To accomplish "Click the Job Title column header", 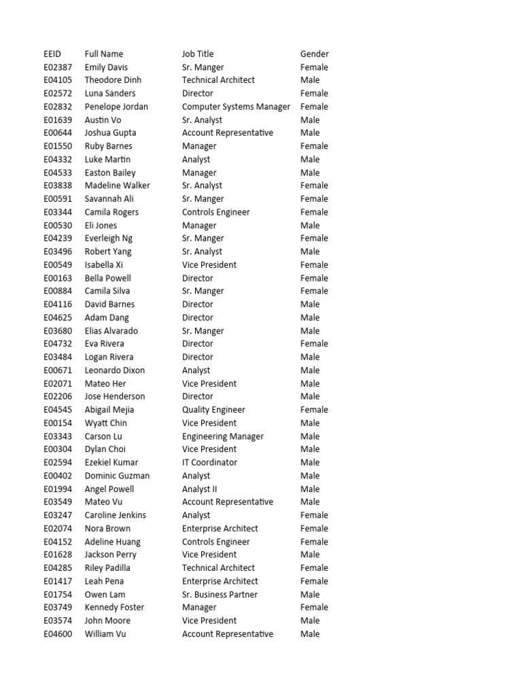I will pos(198,54).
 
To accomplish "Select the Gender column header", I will pos(314,54).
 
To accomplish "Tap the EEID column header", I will pos(52,54).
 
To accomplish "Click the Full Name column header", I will pos(104,54).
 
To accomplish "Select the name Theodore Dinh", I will pos(113,80).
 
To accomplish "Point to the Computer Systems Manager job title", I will pos(236,107).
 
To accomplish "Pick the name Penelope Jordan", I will pos(116,107).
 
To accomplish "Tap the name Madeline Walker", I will pos(118,186).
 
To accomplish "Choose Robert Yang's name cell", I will pos(108,251).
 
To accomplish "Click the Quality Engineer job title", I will pos(213,410).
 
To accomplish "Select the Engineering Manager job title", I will pos(223,436).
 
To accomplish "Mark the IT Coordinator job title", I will pos(209,462).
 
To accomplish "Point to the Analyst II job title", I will pos(200,489).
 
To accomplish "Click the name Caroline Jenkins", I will pos(116,515).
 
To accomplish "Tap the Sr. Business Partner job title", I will pos(220,595).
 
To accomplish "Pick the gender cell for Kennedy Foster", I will pos(314,608).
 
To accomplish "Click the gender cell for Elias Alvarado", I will pos(310,331).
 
